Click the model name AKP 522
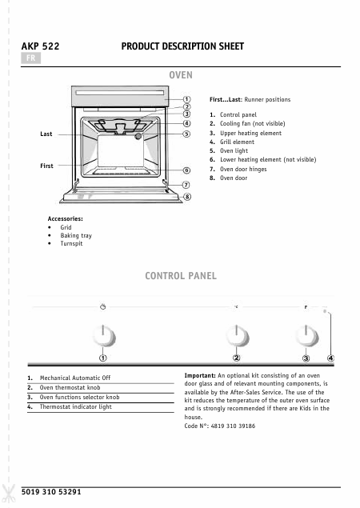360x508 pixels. click(40, 46)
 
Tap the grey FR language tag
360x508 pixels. click(30, 58)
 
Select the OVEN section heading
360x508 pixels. click(181, 75)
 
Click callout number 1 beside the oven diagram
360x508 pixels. click(186, 99)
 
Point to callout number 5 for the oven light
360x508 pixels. click(186, 134)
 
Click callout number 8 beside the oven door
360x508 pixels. click(187, 197)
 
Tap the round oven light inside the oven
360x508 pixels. click(138, 136)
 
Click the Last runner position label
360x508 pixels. click(46, 134)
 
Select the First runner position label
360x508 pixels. click(46, 166)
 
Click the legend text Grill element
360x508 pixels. click(237, 142)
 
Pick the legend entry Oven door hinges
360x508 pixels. click(243, 169)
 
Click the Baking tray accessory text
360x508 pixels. click(76, 235)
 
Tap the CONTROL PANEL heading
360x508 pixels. click(181, 276)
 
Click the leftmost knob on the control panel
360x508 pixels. click(103, 336)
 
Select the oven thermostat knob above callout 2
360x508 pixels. click(237, 336)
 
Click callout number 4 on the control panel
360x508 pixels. click(330, 358)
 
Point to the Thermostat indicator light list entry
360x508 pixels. click(75, 407)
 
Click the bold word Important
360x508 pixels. click(200, 375)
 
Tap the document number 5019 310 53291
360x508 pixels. click(51, 492)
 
